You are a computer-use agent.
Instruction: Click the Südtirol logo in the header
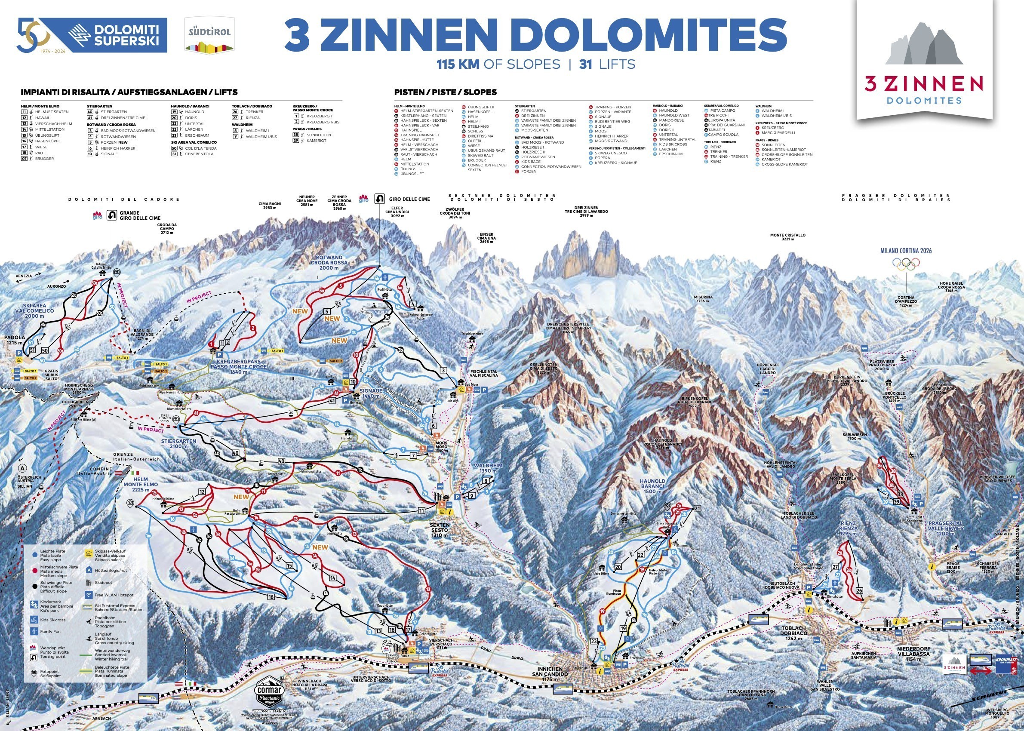210,34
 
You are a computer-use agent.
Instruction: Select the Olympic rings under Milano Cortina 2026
906,264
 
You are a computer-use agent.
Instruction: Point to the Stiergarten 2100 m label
178,444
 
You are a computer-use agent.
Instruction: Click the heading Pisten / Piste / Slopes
445,92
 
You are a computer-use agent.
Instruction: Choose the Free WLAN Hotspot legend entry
111,595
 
